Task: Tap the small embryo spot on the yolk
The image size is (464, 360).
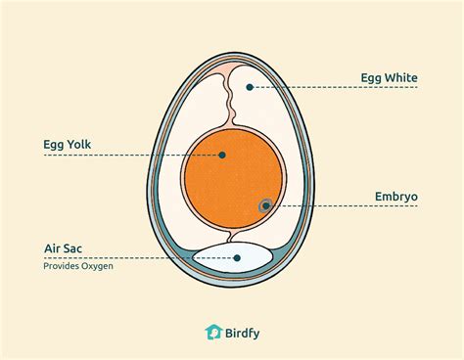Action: (x=265, y=205)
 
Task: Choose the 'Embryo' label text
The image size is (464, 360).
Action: (x=395, y=197)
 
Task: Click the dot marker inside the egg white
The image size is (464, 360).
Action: (x=251, y=87)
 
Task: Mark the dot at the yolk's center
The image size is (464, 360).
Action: (x=223, y=155)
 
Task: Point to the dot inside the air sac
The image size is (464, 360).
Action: (x=238, y=258)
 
